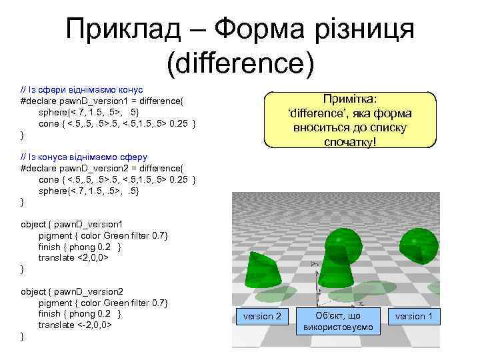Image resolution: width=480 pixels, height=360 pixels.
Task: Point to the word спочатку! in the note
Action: [x=350, y=141]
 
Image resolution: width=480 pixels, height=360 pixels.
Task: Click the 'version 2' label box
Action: [x=262, y=316]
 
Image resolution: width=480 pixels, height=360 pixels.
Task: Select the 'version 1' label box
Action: [x=413, y=316]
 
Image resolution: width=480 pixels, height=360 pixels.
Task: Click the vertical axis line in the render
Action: [x=314, y=283]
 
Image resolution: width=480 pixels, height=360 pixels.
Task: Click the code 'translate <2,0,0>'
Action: [x=73, y=257]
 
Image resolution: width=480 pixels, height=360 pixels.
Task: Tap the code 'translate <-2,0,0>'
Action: [x=75, y=325]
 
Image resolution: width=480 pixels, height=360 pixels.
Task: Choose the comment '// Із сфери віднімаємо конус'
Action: [x=83, y=89]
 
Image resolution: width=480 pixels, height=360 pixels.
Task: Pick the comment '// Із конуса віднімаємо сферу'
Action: [x=83, y=157]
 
